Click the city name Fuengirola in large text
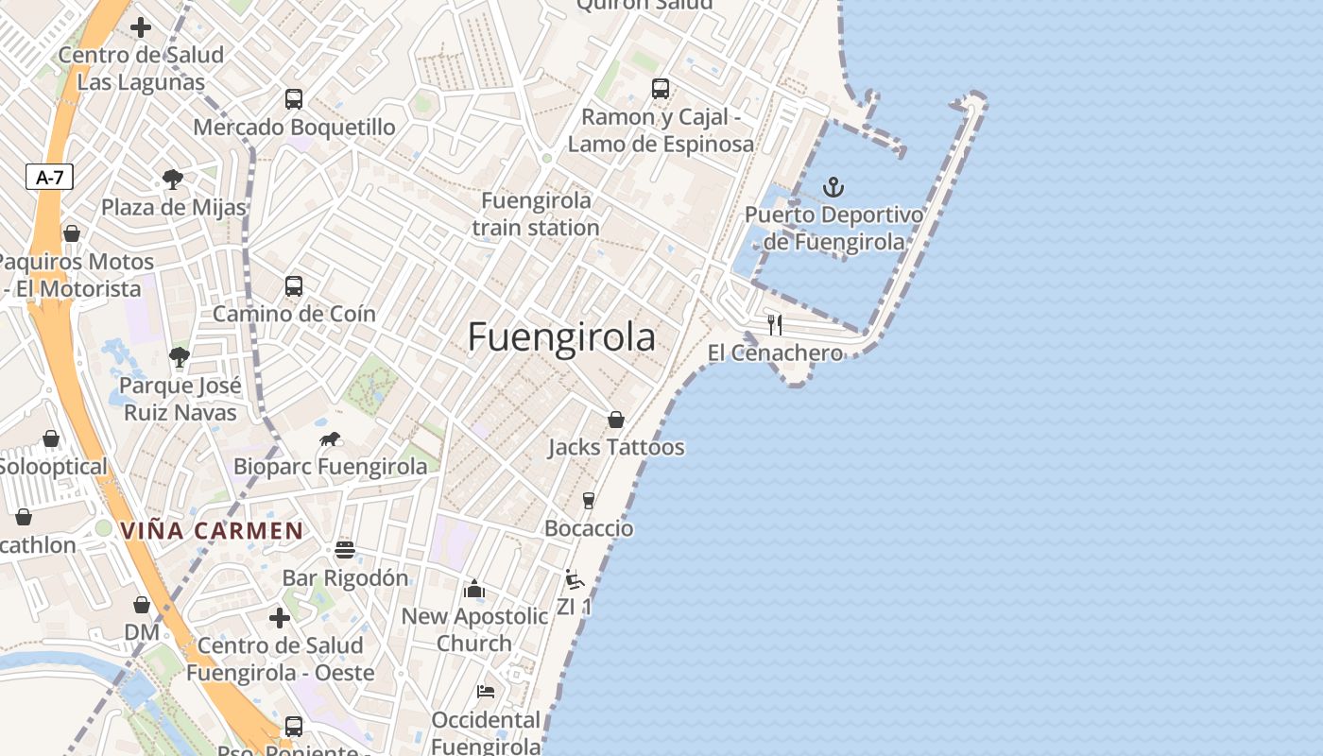[x=561, y=337]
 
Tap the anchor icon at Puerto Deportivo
[x=833, y=186]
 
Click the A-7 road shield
[x=49, y=177]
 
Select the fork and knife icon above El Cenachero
[x=775, y=324]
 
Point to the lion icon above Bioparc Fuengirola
[x=330, y=438]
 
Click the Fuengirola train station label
[x=536, y=215]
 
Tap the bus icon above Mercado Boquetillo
[x=294, y=98]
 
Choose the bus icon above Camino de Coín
[x=294, y=285]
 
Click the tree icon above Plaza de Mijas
[x=172, y=179]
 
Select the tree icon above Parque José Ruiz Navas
[x=180, y=356]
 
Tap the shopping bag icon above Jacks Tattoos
[x=616, y=419]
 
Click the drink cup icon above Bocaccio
[x=589, y=500]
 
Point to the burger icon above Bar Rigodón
[x=345, y=550]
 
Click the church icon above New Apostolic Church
[x=474, y=589]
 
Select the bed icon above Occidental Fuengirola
[x=486, y=692]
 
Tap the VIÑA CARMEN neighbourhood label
[x=212, y=531]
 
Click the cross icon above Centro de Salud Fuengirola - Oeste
[x=280, y=618]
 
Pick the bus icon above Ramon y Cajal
[x=661, y=89]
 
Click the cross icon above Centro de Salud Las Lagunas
[x=141, y=27]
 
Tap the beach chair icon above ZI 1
[x=574, y=578]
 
